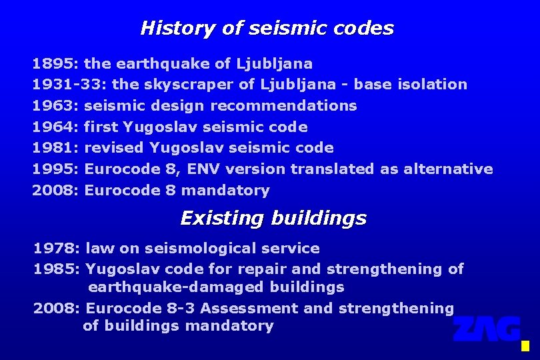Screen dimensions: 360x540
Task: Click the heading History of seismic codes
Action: [x=267, y=28]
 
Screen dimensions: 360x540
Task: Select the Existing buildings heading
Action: [x=273, y=218]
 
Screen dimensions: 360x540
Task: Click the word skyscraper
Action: [x=168, y=85]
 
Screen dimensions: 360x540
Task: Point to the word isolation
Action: [x=436, y=85]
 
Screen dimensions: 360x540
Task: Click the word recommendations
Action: [x=284, y=106]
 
